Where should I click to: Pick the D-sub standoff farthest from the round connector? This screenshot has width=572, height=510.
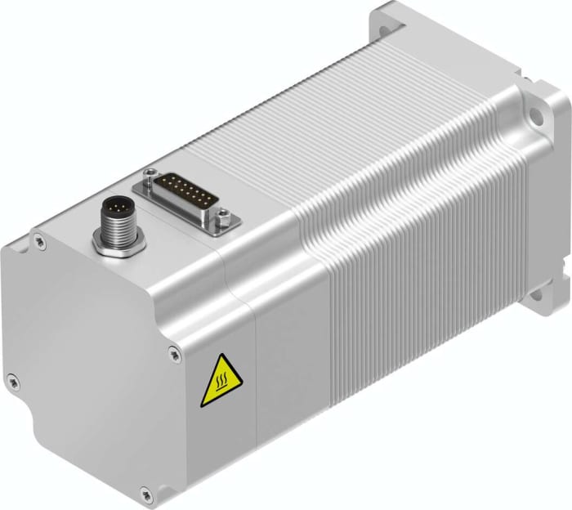pos(221,218)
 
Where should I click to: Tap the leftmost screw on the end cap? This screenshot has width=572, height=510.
pos(12,378)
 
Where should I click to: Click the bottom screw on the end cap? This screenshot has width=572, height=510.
pos(145,492)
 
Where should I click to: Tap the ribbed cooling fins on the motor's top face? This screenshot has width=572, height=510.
pos(327,123)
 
